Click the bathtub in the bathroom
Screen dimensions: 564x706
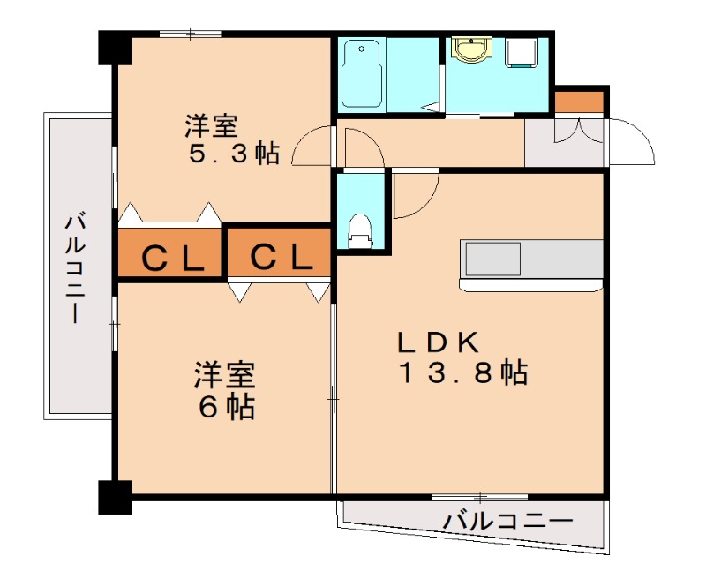[x=362, y=74]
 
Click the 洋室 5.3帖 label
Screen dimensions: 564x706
[x=231, y=139]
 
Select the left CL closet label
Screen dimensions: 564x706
[x=172, y=257]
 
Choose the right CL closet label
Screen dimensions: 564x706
[x=280, y=257]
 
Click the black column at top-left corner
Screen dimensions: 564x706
[x=114, y=48]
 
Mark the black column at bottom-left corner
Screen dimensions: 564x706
[x=114, y=497]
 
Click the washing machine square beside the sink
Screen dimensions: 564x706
[x=522, y=53]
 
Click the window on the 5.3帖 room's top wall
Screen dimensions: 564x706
[x=190, y=34]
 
